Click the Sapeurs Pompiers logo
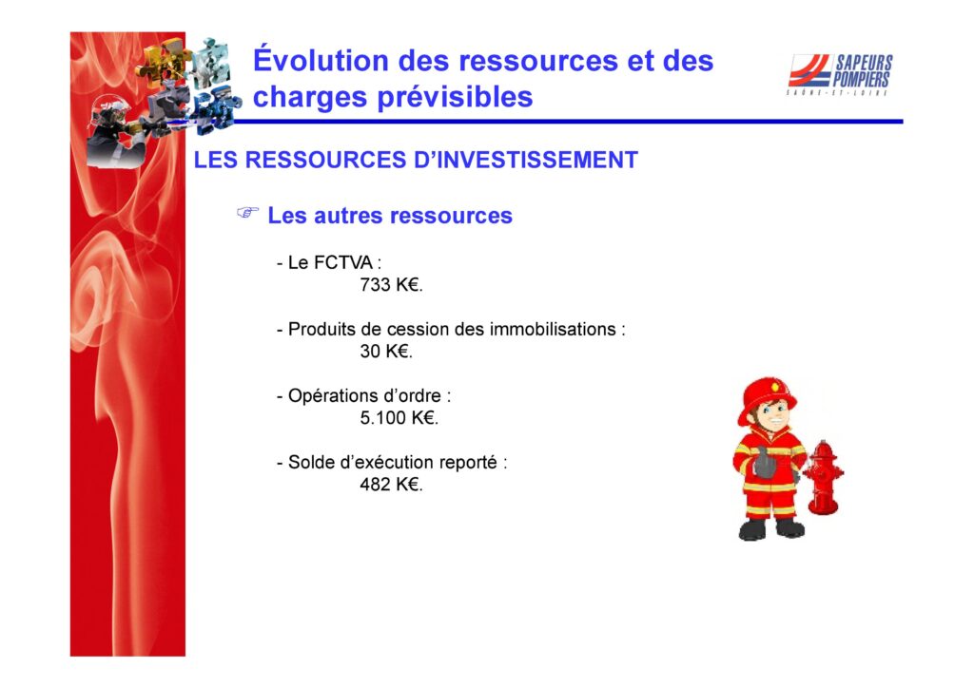coord(840,74)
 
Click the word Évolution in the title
coord(321,60)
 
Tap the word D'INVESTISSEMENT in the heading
coord(525,160)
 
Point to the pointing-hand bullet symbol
coord(248,213)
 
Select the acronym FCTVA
coord(341,263)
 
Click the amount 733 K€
coord(391,285)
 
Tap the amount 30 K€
coord(386,352)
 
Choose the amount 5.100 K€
coord(399,418)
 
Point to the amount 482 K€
coord(391,485)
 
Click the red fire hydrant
coord(823,477)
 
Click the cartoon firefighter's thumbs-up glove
coord(766,463)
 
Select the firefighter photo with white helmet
coord(112,132)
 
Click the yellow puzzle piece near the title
coord(160,59)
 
